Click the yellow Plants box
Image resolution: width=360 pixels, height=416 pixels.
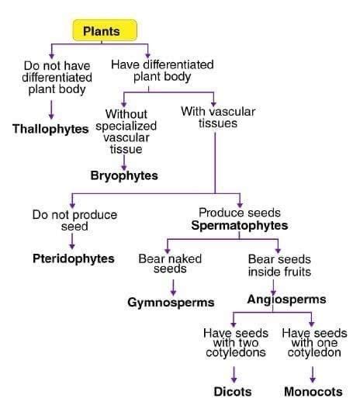coord(106,31)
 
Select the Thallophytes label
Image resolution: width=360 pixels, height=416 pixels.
coord(50,128)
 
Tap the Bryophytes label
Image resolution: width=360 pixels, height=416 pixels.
coord(124,176)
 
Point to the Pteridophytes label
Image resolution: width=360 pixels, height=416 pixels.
coord(74,258)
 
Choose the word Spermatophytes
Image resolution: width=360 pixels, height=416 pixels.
coord(240,226)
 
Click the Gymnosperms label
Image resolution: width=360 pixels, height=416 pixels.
coord(171,301)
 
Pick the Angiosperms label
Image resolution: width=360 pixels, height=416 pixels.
coord(286,299)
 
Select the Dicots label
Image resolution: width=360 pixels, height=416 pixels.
coord(233,391)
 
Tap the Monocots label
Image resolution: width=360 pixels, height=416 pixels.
coord(313,391)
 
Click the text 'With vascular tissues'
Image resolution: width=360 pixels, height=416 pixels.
coord(217,117)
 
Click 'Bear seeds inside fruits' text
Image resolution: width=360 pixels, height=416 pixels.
coord(279,265)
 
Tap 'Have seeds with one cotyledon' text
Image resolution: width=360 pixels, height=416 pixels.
coord(313,342)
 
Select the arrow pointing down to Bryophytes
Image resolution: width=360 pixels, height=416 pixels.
coord(123,161)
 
